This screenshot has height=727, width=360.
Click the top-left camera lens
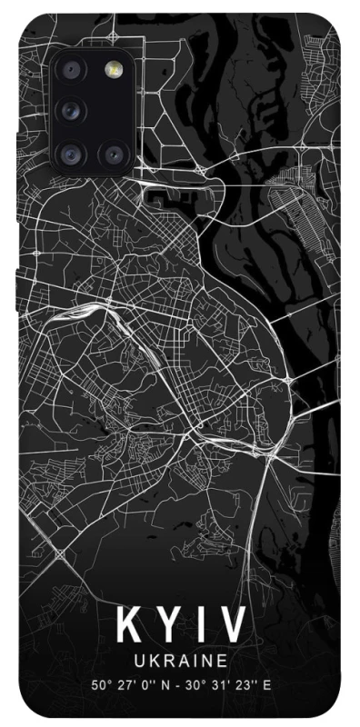(x=70, y=69)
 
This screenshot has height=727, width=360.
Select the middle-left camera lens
(x=70, y=112)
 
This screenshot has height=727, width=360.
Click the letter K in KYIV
(x=129, y=626)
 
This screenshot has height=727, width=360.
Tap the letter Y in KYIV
(x=168, y=626)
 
